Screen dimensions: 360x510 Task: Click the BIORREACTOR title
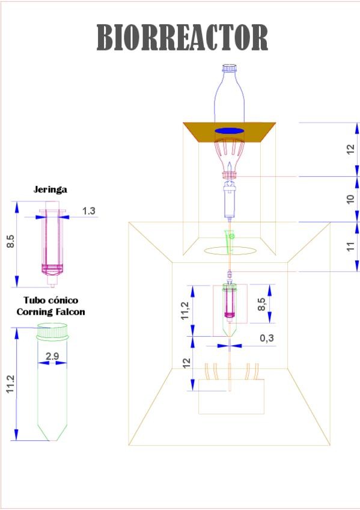coord(182,37)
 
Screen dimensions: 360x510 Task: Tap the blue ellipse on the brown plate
coord(230,131)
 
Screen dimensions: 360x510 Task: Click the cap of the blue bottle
coord(230,68)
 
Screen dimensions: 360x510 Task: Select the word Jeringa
coord(50,189)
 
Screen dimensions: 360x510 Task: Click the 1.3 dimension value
coord(89,211)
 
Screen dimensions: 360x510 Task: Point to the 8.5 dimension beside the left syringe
coord(11,241)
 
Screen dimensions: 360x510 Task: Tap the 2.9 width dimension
coord(52,356)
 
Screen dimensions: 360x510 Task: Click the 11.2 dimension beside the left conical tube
coord(10,384)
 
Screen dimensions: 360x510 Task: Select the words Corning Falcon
coord(50,312)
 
